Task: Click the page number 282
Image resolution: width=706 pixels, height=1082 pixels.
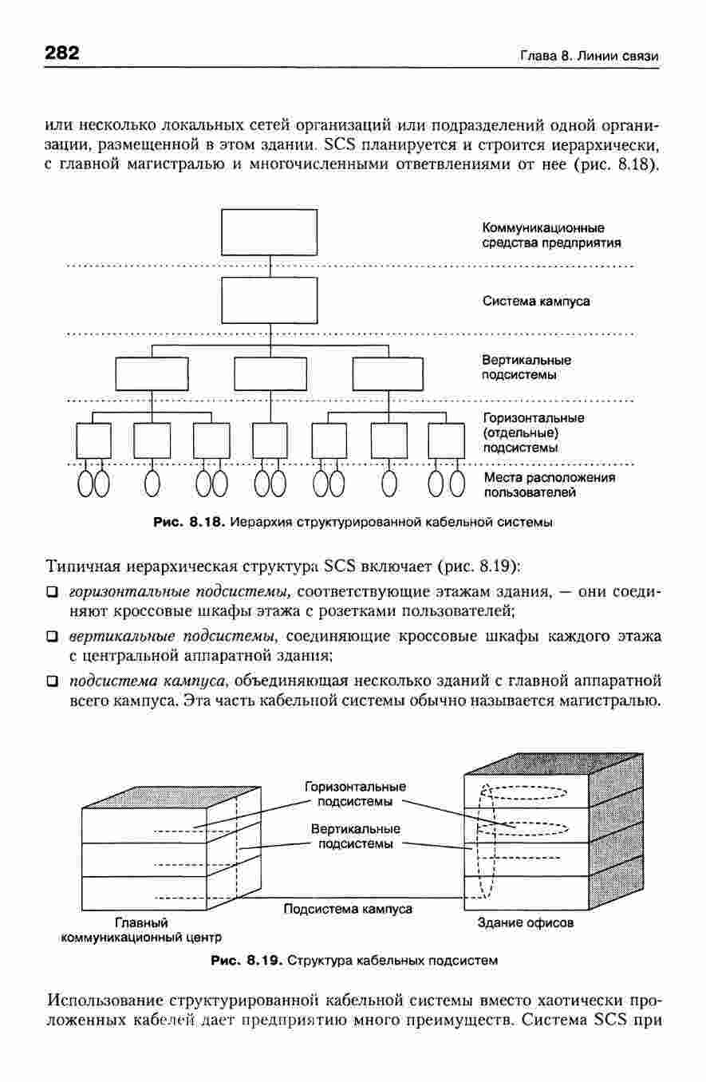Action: pyautogui.click(x=61, y=52)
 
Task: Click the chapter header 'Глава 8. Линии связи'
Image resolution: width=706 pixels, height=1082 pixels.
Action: pyautogui.click(x=590, y=57)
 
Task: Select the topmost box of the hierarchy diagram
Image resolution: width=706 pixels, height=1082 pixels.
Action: pyautogui.click(x=270, y=232)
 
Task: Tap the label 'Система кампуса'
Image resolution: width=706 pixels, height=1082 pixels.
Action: pyautogui.click(x=536, y=301)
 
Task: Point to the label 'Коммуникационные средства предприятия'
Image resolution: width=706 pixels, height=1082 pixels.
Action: pyautogui.click(x=551, y=235)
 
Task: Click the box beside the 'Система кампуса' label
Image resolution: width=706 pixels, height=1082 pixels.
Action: pyautogui.click(x=270, y=300)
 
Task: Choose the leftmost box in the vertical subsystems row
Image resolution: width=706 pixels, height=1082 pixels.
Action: pyautogui.click(x=152, y=374)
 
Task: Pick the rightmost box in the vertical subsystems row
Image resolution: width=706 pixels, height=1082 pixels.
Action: pyautogui.click(x=388, y=374)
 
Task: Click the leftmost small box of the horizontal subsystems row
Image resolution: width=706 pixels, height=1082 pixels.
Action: pyautogui.click(x=93, y=440)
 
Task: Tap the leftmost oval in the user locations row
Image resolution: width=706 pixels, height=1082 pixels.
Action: pyautogui.click(x=85, y=484)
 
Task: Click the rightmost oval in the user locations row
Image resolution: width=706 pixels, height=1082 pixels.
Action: pyautogui.click(x=457, y=484)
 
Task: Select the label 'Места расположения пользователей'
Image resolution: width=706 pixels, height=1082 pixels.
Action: pyautogui.click(x=550, y=485)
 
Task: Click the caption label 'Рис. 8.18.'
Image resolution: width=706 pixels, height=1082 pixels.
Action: pyautogui.click(x=189, y=522)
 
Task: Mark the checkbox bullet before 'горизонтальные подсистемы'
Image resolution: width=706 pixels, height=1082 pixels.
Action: pyautogui.click(x=52, y=592)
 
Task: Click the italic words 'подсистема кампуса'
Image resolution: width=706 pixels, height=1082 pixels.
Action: pyautogui.click(x=148, y=681)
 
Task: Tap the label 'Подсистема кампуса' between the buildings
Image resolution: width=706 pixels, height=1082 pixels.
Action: pyautogui.click(x=348, y=909)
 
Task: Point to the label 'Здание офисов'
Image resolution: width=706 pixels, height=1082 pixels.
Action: pyautogui.click(x=526, y=922)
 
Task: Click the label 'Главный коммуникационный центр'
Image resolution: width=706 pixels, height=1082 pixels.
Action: pyautogui.click(x=141, y=930)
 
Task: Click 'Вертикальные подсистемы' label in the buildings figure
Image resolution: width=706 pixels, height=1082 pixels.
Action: pyautogui.click(x=356, y=836)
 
